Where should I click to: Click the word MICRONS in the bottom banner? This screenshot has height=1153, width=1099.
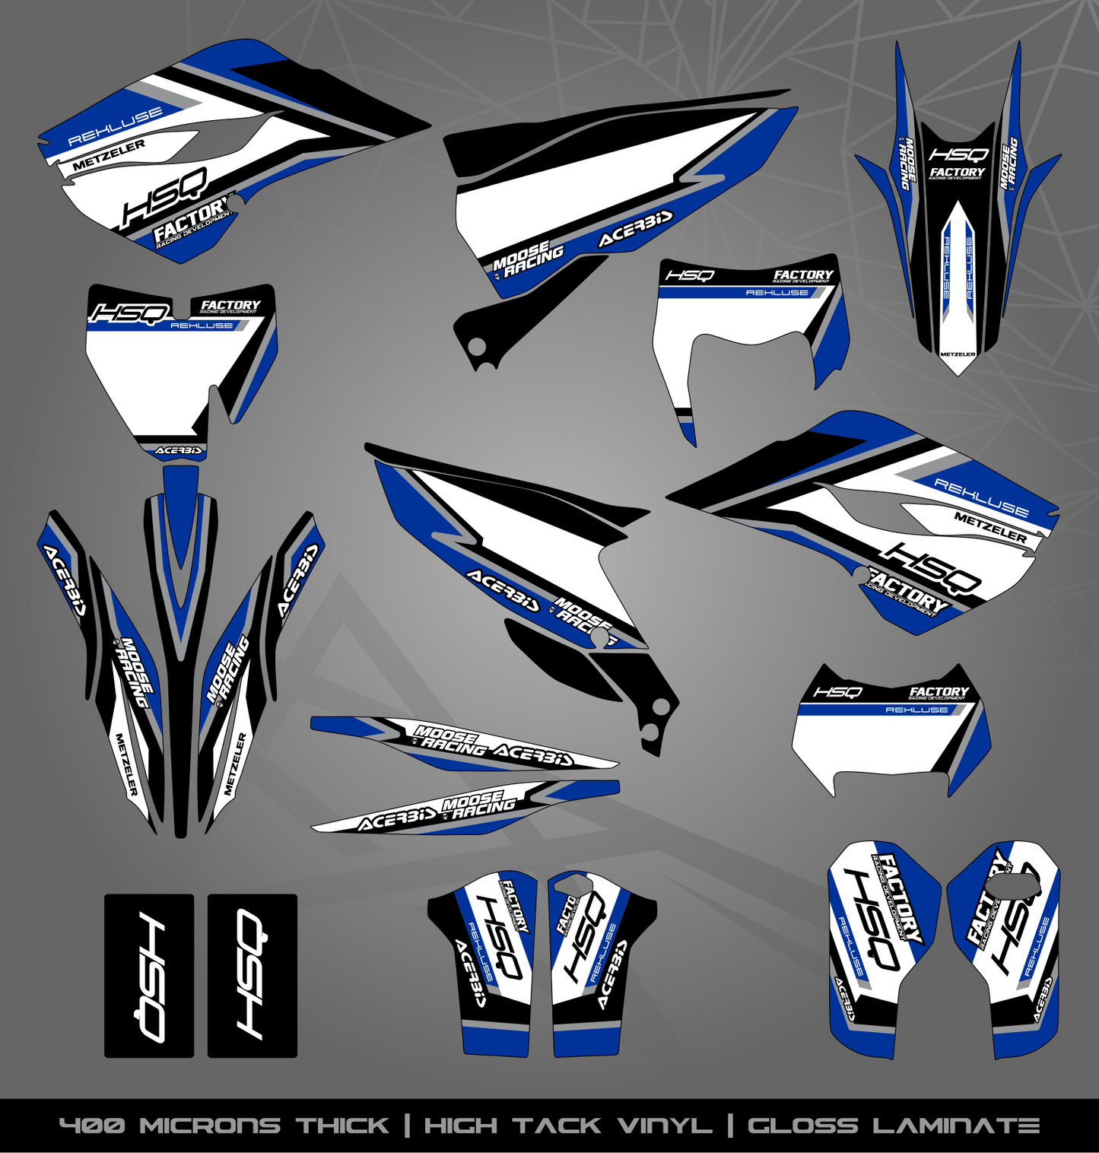(x=210, y=1126)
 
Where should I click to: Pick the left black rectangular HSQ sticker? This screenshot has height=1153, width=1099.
(x=149, y=976)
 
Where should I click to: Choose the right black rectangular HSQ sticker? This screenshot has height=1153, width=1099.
(x=253, y=976)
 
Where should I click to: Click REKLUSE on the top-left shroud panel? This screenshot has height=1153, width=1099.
(x=116, y=126)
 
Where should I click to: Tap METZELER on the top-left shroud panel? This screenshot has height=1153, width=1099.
(x=109, y=155)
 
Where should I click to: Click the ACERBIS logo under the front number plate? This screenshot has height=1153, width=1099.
(x=179, y=450)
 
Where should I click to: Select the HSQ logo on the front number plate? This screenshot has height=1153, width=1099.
(x=129, y=313)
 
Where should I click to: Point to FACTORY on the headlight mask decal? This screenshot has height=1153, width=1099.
(x=803, y=275)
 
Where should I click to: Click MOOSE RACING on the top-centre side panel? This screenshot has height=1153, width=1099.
(x=528, y=259)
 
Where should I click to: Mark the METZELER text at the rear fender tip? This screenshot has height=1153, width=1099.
(x=958, y=354)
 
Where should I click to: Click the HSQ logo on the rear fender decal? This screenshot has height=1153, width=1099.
(x=958, y=154)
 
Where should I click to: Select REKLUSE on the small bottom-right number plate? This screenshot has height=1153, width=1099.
(x=916, y=710)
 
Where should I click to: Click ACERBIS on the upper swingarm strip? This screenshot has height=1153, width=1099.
(x=532, y=754)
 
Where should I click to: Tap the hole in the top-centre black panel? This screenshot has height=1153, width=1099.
(x=477, y=347)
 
